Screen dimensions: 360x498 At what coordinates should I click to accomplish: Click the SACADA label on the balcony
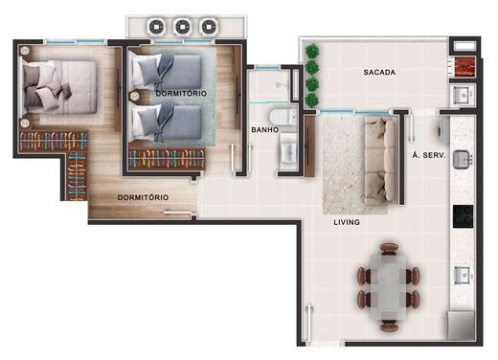(379, 73)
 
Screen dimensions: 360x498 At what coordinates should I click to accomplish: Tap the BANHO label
(264, 129)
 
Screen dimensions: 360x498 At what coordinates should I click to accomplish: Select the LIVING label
(346, 222)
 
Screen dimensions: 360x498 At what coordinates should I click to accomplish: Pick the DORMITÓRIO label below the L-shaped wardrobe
(143, 197)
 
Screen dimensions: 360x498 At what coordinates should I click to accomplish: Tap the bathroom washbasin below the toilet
(287, 151)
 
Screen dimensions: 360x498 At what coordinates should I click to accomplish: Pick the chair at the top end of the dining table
(388, 247)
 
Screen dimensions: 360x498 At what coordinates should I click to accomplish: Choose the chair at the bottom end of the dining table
(389, 317)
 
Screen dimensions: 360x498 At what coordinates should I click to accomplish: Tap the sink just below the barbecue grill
(462, 96)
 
